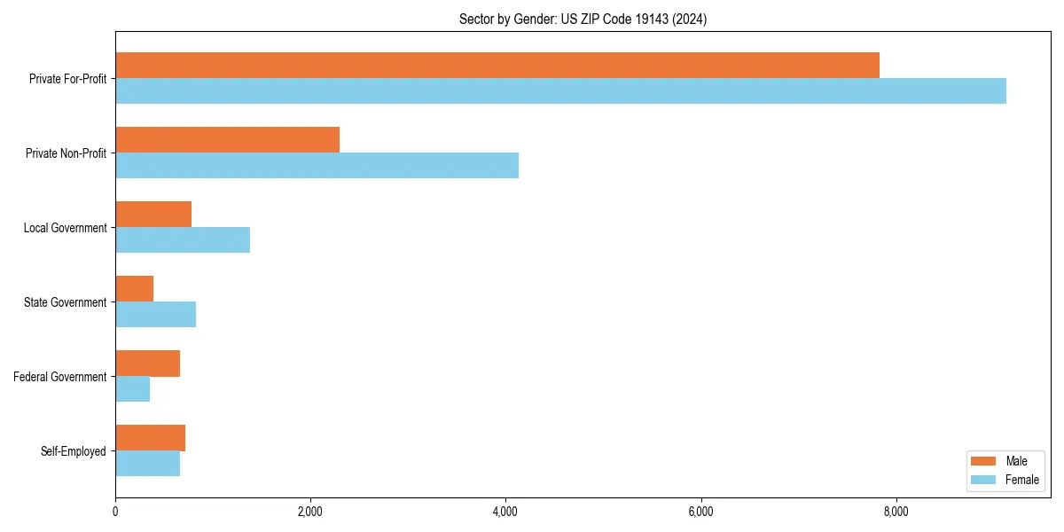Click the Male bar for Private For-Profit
(497, 66)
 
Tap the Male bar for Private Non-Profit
(227, 140)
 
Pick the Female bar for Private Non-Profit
(317, 166)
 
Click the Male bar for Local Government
(153, 215)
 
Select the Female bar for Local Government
(183, 240)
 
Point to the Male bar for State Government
(134, 289)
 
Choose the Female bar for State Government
(155, 315)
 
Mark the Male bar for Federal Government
(147, 364)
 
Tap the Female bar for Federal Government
(132, 389)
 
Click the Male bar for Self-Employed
(150, 438)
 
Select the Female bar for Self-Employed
(147, 464)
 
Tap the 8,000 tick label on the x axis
(896, 512)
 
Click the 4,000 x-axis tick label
(505, 512)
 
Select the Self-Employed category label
(74, 451)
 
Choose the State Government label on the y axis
(65, 302)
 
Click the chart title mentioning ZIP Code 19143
(583, 19)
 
